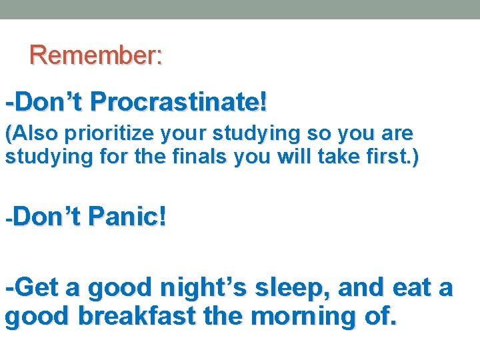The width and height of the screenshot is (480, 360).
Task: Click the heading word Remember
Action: pos(93,55)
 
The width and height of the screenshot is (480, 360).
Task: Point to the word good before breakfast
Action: pos(37,317)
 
